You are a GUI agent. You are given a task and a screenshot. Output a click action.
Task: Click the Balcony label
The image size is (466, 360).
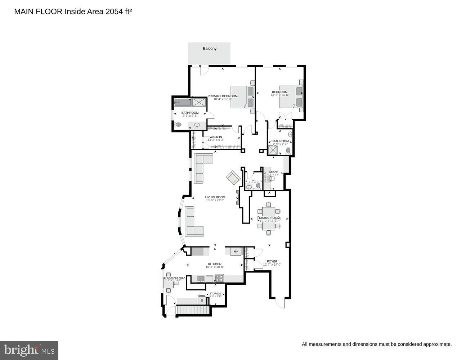click(210, 49)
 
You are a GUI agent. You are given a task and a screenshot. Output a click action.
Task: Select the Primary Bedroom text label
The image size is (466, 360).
click(223, 96)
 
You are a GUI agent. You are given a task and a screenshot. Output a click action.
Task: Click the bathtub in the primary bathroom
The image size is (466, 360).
click(183, 102)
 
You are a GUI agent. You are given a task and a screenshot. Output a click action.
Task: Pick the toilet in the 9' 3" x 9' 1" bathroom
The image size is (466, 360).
click(178, 125)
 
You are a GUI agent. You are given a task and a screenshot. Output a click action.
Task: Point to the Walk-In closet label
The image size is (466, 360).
click(216, 137)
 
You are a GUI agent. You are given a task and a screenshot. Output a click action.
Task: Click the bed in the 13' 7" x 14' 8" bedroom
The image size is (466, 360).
click(291, 96)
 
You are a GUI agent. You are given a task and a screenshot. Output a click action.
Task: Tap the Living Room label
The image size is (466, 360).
click(215, 197)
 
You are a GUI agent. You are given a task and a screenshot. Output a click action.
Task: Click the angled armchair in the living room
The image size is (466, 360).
click(233, 177)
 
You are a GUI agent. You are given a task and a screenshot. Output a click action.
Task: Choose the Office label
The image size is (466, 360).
click(273, 172)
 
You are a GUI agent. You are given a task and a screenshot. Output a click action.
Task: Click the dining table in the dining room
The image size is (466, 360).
click(269, 218)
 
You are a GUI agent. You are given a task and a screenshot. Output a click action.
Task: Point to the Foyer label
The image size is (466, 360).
click(272, 261)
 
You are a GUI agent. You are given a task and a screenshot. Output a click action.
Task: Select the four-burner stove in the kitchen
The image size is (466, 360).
click(219, 278)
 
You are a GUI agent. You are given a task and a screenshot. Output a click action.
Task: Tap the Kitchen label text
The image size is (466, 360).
click(215, 264)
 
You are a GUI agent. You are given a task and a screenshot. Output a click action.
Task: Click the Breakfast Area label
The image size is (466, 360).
click(175, 278)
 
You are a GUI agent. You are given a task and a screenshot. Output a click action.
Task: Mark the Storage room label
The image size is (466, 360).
click(215, 294)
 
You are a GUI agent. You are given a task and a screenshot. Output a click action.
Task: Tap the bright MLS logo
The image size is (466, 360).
click(30, 350)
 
